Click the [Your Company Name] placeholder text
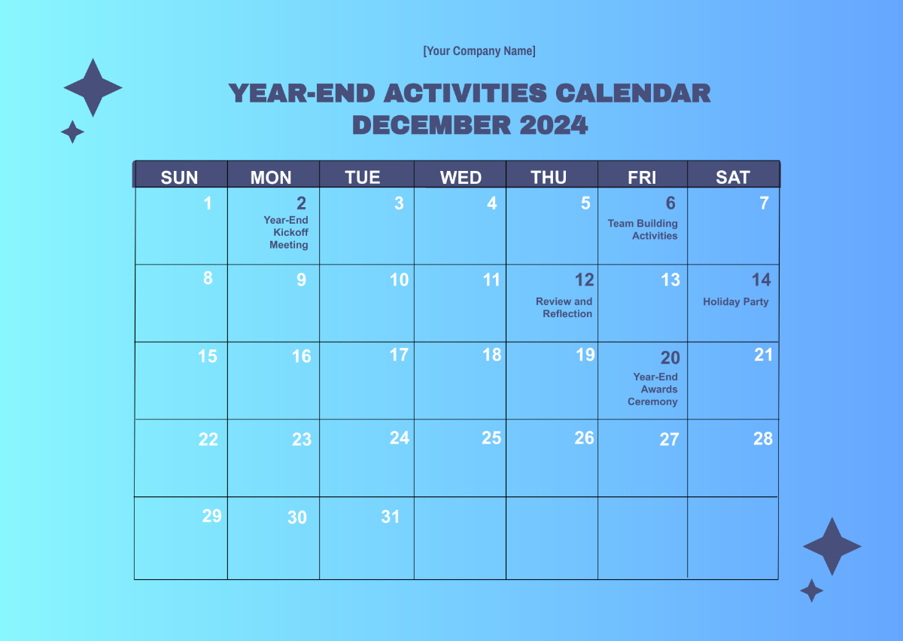click(x=479, y=51)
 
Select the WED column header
click(x=461, y=177)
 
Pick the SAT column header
click(x=733, y=177)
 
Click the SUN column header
click(x=180, y=177)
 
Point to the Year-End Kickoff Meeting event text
click(x=286, y=233)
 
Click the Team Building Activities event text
click(x=643, y=230)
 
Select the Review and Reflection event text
click(x=564, y=307)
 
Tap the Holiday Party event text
click(x=736, y=302)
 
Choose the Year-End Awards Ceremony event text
click(x=653, y=389)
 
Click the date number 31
click(x=390, y=517)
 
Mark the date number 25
click(x=491, y=438)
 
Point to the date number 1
click(x=208, y=203)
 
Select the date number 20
click(x=670, y=358)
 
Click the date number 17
click(x=399, y=354)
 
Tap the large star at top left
click(x=93, y=88)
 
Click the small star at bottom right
click(x=811, y=591)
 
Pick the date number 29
click(x=212, y=516)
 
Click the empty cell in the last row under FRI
click(x=643, y=538)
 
